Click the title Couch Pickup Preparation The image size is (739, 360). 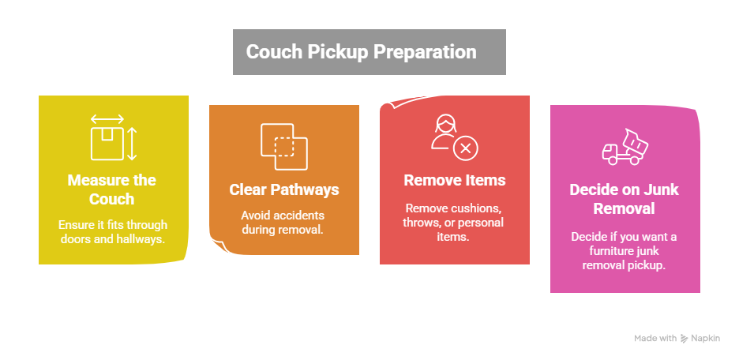click(x=361, y=52)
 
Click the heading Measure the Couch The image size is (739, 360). click(x=111, y=189)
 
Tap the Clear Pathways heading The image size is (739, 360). click(x=284, y=189)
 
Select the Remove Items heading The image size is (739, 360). click(x=454, y=180)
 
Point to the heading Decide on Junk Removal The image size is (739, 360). click(x=624, y=199)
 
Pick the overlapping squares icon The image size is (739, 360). click(x=283, y=147)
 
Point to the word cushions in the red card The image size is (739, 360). click(x=479, y=208)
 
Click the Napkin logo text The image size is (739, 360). click(x=707, y=338)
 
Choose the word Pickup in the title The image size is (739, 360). click(x=336, y=52)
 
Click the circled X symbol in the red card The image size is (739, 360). click(x=466, y=147)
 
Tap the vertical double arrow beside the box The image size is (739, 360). click(x=133, y=144)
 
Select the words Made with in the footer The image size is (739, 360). click(x=655, y=338)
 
